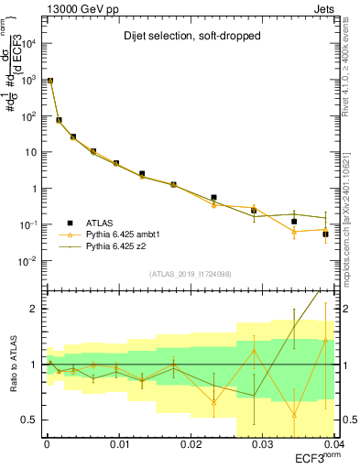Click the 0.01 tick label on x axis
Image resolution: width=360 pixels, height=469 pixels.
tap(118, 443)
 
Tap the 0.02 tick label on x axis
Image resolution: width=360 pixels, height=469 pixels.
tap(190, 443)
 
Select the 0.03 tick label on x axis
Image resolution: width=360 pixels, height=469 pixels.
tap(261, 443)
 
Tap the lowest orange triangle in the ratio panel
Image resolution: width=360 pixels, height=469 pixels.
tap(294, 415)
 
